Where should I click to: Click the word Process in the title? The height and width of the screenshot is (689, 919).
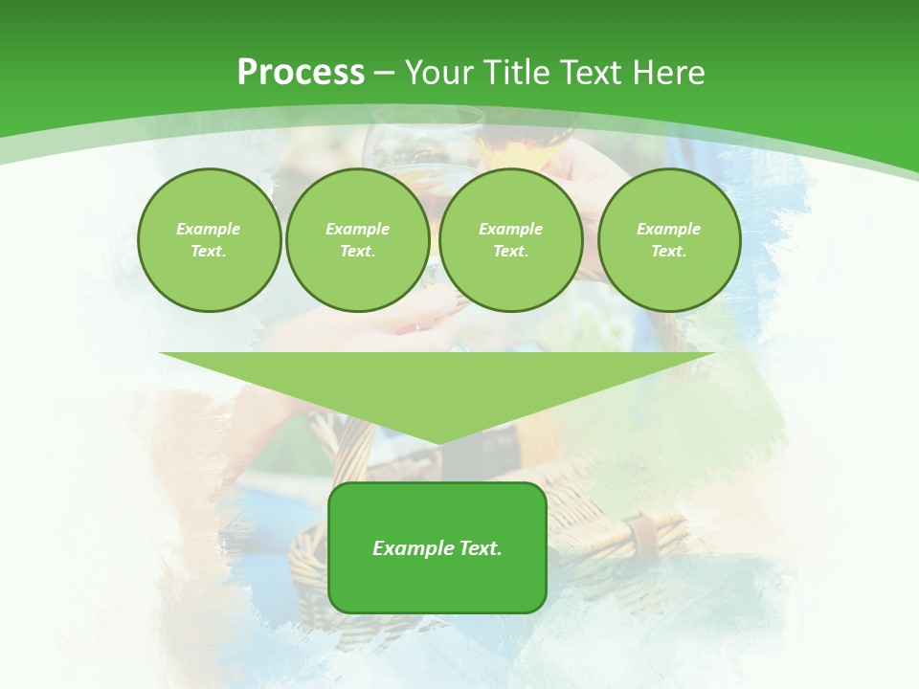click(x=301, y=72)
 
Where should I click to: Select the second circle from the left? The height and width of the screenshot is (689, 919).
click(x=357, y=278)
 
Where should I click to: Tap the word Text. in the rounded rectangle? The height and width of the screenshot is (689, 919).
click(x=480, y=548)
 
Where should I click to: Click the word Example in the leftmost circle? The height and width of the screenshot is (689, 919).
click(x=209, y=229)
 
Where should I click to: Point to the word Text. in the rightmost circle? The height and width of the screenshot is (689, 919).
click(x=669, y=251)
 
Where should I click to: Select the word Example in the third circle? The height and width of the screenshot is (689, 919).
click(x=510, y=229)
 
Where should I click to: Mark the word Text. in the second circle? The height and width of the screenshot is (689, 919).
click(x=357, y=251)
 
